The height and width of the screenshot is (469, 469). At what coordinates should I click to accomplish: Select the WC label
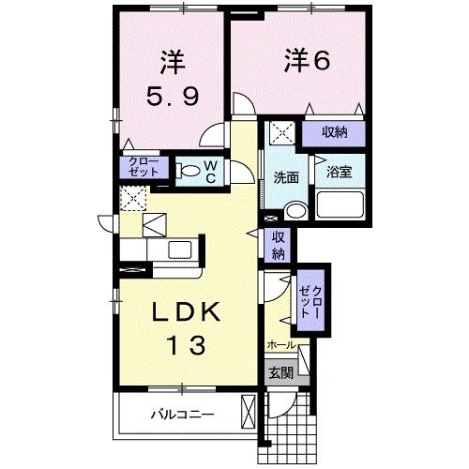tap(211, 171)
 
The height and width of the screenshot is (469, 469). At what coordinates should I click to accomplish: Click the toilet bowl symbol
tap(189, 171)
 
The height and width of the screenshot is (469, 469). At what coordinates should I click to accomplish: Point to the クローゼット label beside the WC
tap(144, 167)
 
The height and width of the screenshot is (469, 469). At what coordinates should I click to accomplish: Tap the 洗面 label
tap(285, 176)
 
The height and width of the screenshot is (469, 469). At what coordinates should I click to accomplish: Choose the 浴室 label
tap(338, 173)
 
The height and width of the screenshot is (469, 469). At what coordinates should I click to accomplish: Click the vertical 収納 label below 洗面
tap(279, 245)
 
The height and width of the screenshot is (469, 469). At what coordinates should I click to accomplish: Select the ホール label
tap(280, 345)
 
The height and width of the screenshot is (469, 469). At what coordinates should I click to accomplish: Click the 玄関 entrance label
tap(280, 372)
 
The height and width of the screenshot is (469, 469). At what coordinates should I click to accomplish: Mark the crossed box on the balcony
tap(249, 414)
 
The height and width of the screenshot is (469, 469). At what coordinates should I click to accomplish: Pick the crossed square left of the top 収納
tap(279, 133)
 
